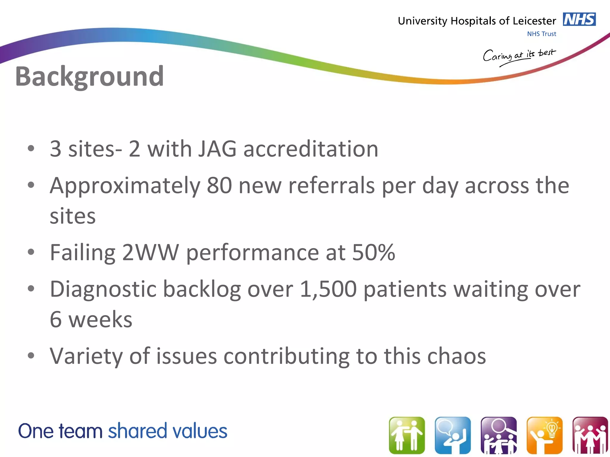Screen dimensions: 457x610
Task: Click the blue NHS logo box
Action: pos(579,20)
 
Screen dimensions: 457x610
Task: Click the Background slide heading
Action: pos(89,76)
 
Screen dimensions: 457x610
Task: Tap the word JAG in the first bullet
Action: pos(217,149)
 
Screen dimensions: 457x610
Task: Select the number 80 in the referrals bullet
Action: pos(219,185)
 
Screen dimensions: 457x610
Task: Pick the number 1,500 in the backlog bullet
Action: pos(328,289)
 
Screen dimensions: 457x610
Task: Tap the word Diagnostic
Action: pos(103,289)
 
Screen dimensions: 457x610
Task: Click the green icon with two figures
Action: pos(407,435)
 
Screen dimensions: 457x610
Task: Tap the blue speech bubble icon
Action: pos(453,435)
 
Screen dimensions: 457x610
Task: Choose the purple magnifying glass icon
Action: pos(499,435)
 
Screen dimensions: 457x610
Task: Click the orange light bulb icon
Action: pos(544,435)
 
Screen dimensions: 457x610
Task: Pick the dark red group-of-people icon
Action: pos(590,435)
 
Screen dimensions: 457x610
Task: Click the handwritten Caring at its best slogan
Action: pos(519,56)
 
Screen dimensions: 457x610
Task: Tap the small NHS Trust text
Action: pos(541,34)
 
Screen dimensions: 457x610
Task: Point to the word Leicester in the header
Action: pos(534,21)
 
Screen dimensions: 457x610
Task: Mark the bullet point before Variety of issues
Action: pos(31,356)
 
